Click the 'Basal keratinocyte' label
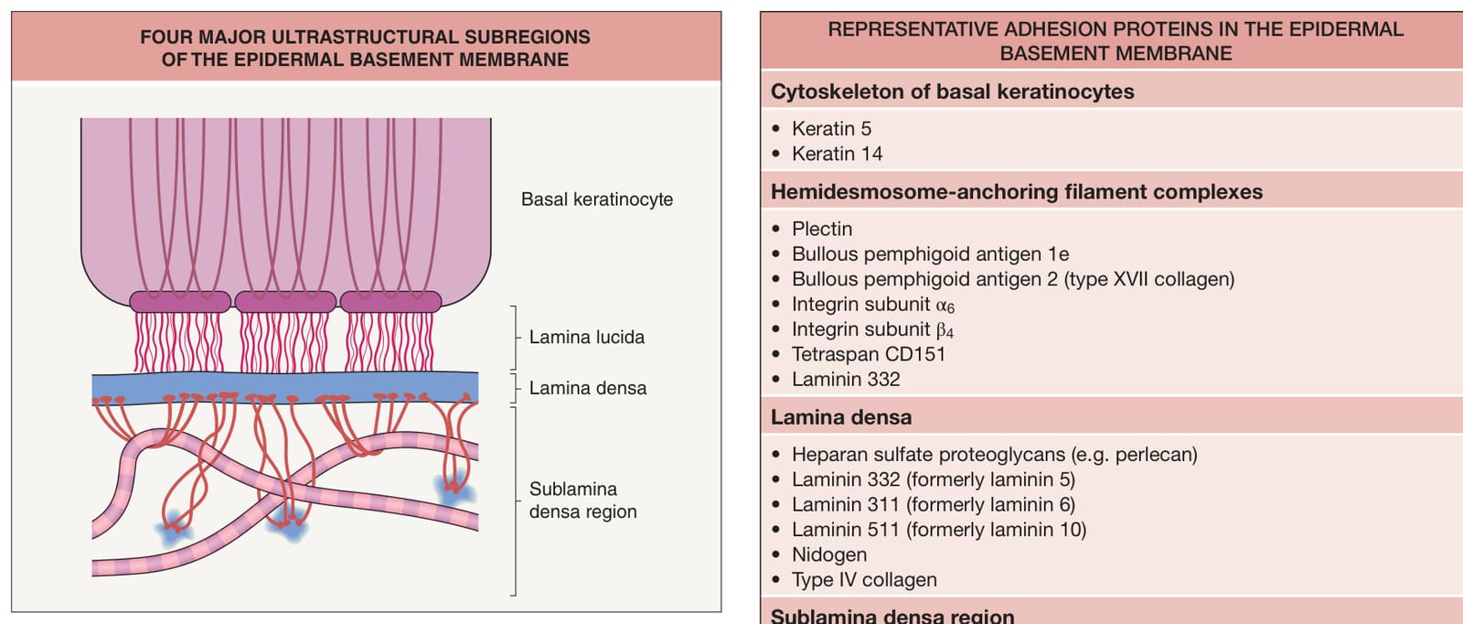597,199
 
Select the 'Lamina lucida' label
586,337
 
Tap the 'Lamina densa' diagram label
588,388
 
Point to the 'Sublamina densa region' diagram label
582,500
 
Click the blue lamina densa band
284,387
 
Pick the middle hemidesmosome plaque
285,301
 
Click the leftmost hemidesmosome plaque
180,301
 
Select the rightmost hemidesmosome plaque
390,301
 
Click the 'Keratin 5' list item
831,129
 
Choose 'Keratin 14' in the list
838,154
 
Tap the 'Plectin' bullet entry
822,229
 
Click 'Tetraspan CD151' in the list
869,354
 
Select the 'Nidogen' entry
829,554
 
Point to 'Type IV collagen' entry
864,579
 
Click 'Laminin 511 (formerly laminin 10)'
939,529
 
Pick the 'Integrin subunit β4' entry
872,329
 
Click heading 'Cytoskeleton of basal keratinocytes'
952,91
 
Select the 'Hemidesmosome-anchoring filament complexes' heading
1017,192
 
